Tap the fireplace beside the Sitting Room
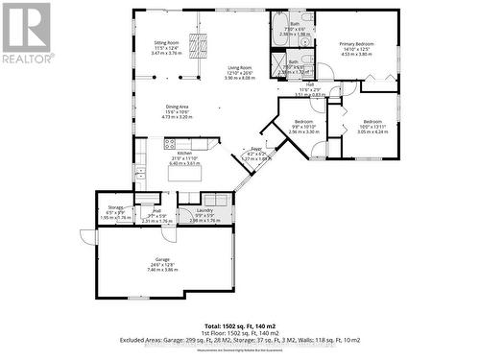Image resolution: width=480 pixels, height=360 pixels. (200, 45)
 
